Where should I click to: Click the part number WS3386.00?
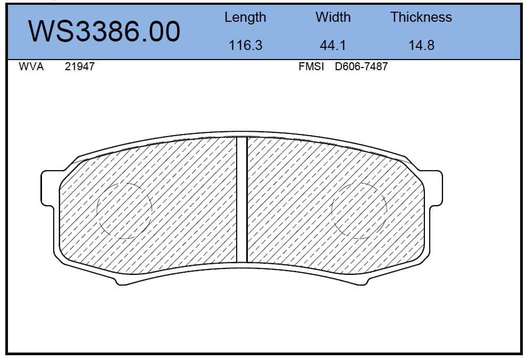(104, 31)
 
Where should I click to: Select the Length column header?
(245, 18)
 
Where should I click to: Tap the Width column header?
(333, 17)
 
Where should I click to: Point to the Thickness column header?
(421, 17)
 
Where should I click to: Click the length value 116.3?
(245, 45)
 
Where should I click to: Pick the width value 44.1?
(333, 45)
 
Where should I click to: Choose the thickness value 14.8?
(421, 45)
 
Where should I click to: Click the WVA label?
(31, 66)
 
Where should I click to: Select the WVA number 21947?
(79, 66)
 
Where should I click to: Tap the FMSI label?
(311, 66)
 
